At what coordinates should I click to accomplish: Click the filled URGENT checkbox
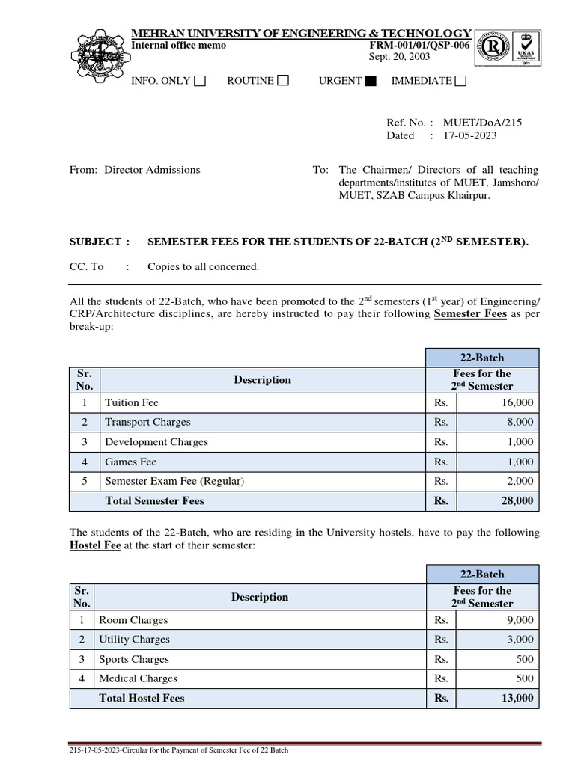[x=370, y=81]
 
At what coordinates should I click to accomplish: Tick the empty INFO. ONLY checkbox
[x=200, y=81]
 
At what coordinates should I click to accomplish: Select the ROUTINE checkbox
[x=283, y=81]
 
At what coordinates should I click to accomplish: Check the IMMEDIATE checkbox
[x=460, y=81]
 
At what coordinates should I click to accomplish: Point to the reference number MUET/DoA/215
[x=482, y=122]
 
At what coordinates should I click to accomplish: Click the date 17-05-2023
[x=469, y=135]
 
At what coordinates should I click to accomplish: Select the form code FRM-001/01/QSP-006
[x=416, y=45]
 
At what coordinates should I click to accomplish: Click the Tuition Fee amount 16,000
[x=517, y=402]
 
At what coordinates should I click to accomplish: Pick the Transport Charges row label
[x=147, y=422]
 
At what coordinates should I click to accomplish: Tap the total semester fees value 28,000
[x=517, y=501]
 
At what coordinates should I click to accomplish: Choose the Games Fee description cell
[x=131, y=462]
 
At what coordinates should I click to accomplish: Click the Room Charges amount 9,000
[x=520, y=620]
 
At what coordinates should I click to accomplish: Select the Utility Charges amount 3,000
[x=520, y=640]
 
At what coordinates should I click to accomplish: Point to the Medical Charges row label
[x=138, y=678]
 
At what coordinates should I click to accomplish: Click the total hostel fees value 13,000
[x=517, y=698]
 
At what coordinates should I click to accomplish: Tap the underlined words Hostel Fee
[x=95, y=546]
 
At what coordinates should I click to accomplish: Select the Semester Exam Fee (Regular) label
[x=174, y=481]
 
